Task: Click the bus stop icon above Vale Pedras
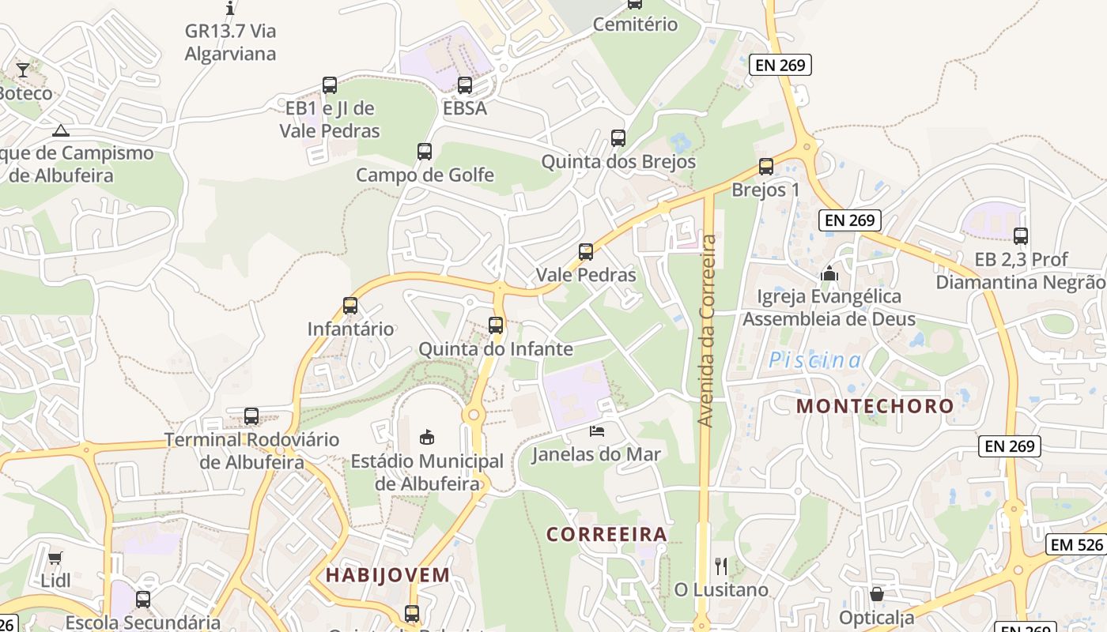pyautogui.click(x=586, y=252)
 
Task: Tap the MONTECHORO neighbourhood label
pyautogui.click(x=875, y=406)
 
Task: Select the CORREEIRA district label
pyautogui.click(x=606, y=534)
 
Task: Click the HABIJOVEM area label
pyautogui.click(x=387, y=575)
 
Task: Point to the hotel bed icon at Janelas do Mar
pyautogui.click(x=597, y=431)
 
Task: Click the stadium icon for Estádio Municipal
pyautogui.click(x=427, y=437)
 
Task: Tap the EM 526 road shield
pyautogui.click(x=1077, y=544)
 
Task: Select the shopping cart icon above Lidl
pyautogui.click(x=55, y=559)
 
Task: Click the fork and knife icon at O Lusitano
pyautogui.click(x=720, y=566)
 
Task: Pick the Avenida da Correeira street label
pyautogui.click(x=708, y=330)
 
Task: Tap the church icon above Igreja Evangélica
pyautogui.click(x=829, y=274)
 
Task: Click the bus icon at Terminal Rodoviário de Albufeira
pyautogui.click(x=251, y=416)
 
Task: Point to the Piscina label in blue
pyautogui.click(x=815, y=361)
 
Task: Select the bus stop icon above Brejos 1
pyautogui.click(x=765, y=167)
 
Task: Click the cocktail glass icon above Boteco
pyautogui.click(x=23, y=70)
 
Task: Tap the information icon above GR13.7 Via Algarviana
pyautogui.click(x=230, y=9)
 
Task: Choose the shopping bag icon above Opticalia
pyautogui.click(x=876, y=594)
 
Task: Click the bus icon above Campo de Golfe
pyautogui.click(x=425, y=151)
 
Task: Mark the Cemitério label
pyautogui.click(x=635, y=24)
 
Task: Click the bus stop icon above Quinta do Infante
pyautogui.click(x=496, y=325)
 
